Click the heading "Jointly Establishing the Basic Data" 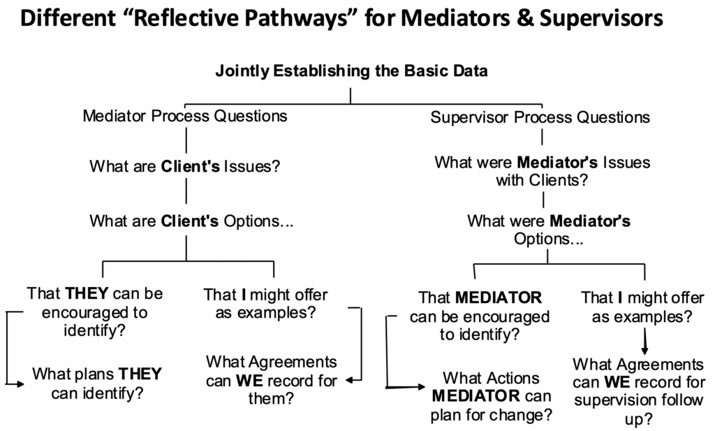click(351, 71)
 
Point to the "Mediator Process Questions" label click(185, 115)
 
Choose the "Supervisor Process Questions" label click(540, 117)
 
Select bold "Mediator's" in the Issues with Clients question click(556, 163)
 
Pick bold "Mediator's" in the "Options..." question click(590, 221)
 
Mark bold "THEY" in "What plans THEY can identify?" click(140, 374)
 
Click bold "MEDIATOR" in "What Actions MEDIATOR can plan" click(476, 397)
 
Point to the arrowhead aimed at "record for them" click(348, 381)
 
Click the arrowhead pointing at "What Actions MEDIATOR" click(420, 386)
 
